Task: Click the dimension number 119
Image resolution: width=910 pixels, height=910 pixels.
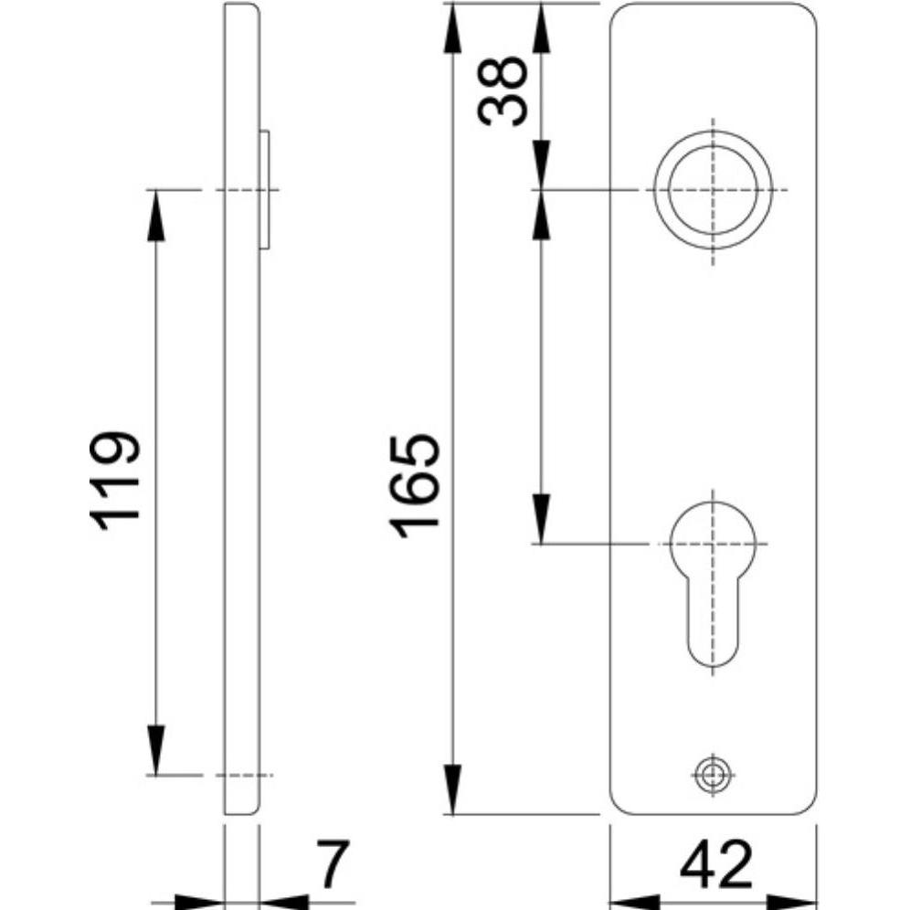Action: click(115, 480)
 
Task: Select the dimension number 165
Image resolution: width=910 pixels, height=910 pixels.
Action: click(416, 485)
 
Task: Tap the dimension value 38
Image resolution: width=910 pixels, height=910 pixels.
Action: click(502, 90)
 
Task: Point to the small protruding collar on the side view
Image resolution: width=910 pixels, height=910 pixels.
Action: click(266, 189)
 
